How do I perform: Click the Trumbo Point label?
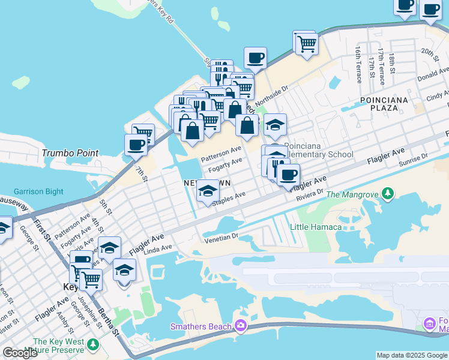coord(70,153)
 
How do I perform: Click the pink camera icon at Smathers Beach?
coord(241,326)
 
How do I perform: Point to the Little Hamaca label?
coord(315,227)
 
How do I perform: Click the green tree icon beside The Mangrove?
coord(388,193)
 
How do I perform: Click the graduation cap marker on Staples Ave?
coord(208,191)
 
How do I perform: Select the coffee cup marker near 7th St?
coord(136,145)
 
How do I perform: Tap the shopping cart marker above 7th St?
coord(143,133)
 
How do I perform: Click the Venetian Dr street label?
coord(221,238)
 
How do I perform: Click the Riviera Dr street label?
coord(310,196)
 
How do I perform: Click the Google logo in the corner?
coord(20,353)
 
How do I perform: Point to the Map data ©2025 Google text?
coord(412,355)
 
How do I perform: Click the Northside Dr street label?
coord(272,96)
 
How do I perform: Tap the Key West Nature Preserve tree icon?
coord(92,344)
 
